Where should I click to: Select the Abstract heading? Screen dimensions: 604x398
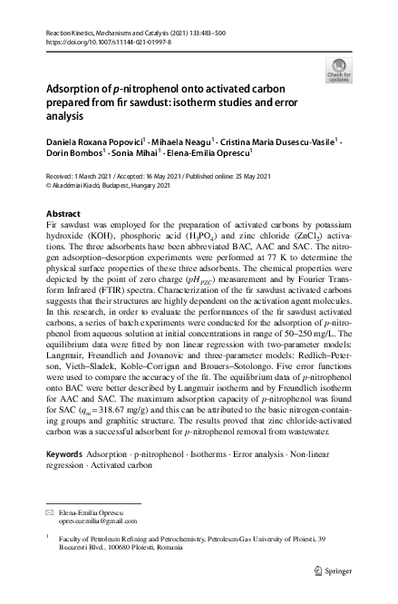pos(63,213)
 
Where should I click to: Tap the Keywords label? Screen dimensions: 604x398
pos(65,451)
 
